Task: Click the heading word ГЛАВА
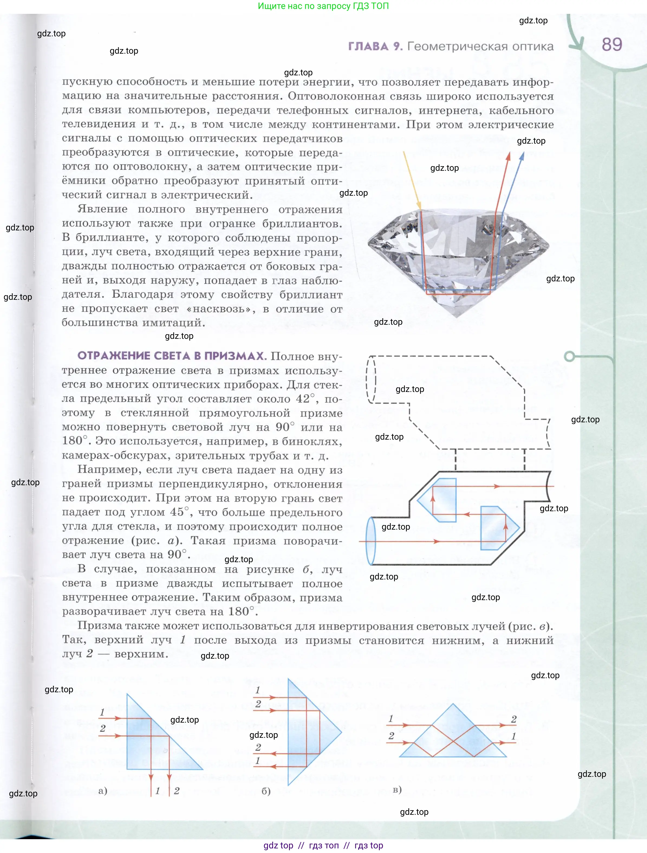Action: [368, 46]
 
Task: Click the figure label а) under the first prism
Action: [102, 791]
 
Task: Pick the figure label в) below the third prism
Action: [397, 789]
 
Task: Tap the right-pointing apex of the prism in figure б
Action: [341, 732]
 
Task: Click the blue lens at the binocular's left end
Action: [371, 541]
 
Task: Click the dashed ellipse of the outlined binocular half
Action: [371, 379]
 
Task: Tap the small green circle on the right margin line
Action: [569, 356]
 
